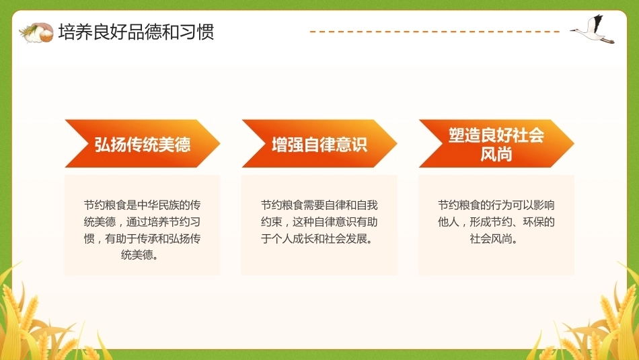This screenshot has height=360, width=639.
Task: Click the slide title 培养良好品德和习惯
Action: point(136,32)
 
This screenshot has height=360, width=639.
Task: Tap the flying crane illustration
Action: point(592,29)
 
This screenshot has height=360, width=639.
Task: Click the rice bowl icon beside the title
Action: point(36,32)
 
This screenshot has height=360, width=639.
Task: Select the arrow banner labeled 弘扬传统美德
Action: point(142,143)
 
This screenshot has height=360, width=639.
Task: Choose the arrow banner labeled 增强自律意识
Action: point(319,143)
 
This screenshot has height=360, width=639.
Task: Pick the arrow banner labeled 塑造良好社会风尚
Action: point(496,143)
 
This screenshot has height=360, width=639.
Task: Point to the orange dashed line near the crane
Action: point(435,32)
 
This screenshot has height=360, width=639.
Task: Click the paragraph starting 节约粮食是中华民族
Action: point(142,230)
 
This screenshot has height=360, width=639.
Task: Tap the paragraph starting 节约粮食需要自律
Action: point(319,222)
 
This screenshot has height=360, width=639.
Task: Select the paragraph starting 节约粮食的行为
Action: point(496,222)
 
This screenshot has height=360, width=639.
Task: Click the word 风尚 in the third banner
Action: point(496,155)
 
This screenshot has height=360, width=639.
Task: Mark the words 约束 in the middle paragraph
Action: point(272,222)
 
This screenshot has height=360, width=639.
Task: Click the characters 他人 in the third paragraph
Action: point(448,222)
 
